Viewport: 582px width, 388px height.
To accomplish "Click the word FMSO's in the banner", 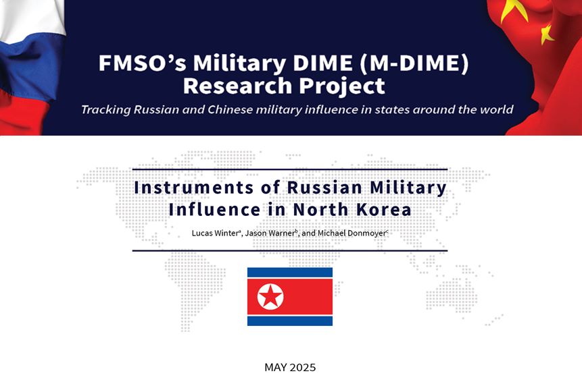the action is pyautogui.click(x=142, y=62).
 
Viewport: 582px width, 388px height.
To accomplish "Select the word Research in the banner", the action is pyautogui.click(x=237, y=86).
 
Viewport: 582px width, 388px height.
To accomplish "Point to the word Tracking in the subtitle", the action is pyautogui.click(x=105, y=110).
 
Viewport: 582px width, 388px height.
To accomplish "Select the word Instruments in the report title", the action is pyautogui.click(x=194, y=188).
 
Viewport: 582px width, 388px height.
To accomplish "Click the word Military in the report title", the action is pyautogui.click(x=408, y=188).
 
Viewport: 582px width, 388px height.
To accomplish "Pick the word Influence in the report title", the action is pyautogui.click(x=214, y=210).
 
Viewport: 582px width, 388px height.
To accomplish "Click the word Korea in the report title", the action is pyautogui.click(x=384, y=210).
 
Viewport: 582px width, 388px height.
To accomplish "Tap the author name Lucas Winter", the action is pyautogui.click(x=215, y=233).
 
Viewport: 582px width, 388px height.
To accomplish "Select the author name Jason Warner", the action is pyautogui.click(x=270, y=233).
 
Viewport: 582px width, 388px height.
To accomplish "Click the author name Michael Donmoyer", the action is pyautogui.click(x=351, y=233).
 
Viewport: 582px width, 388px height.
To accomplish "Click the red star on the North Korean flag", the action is pyautogui.click(x=270, y=296).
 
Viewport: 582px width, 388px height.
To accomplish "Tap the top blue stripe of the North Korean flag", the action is pyautogui.click(x=290, y=273).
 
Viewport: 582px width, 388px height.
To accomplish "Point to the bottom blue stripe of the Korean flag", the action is pyautogui.click(x=290, y=321).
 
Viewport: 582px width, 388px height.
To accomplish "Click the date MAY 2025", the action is pyautogui.click(x=290, y=368).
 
